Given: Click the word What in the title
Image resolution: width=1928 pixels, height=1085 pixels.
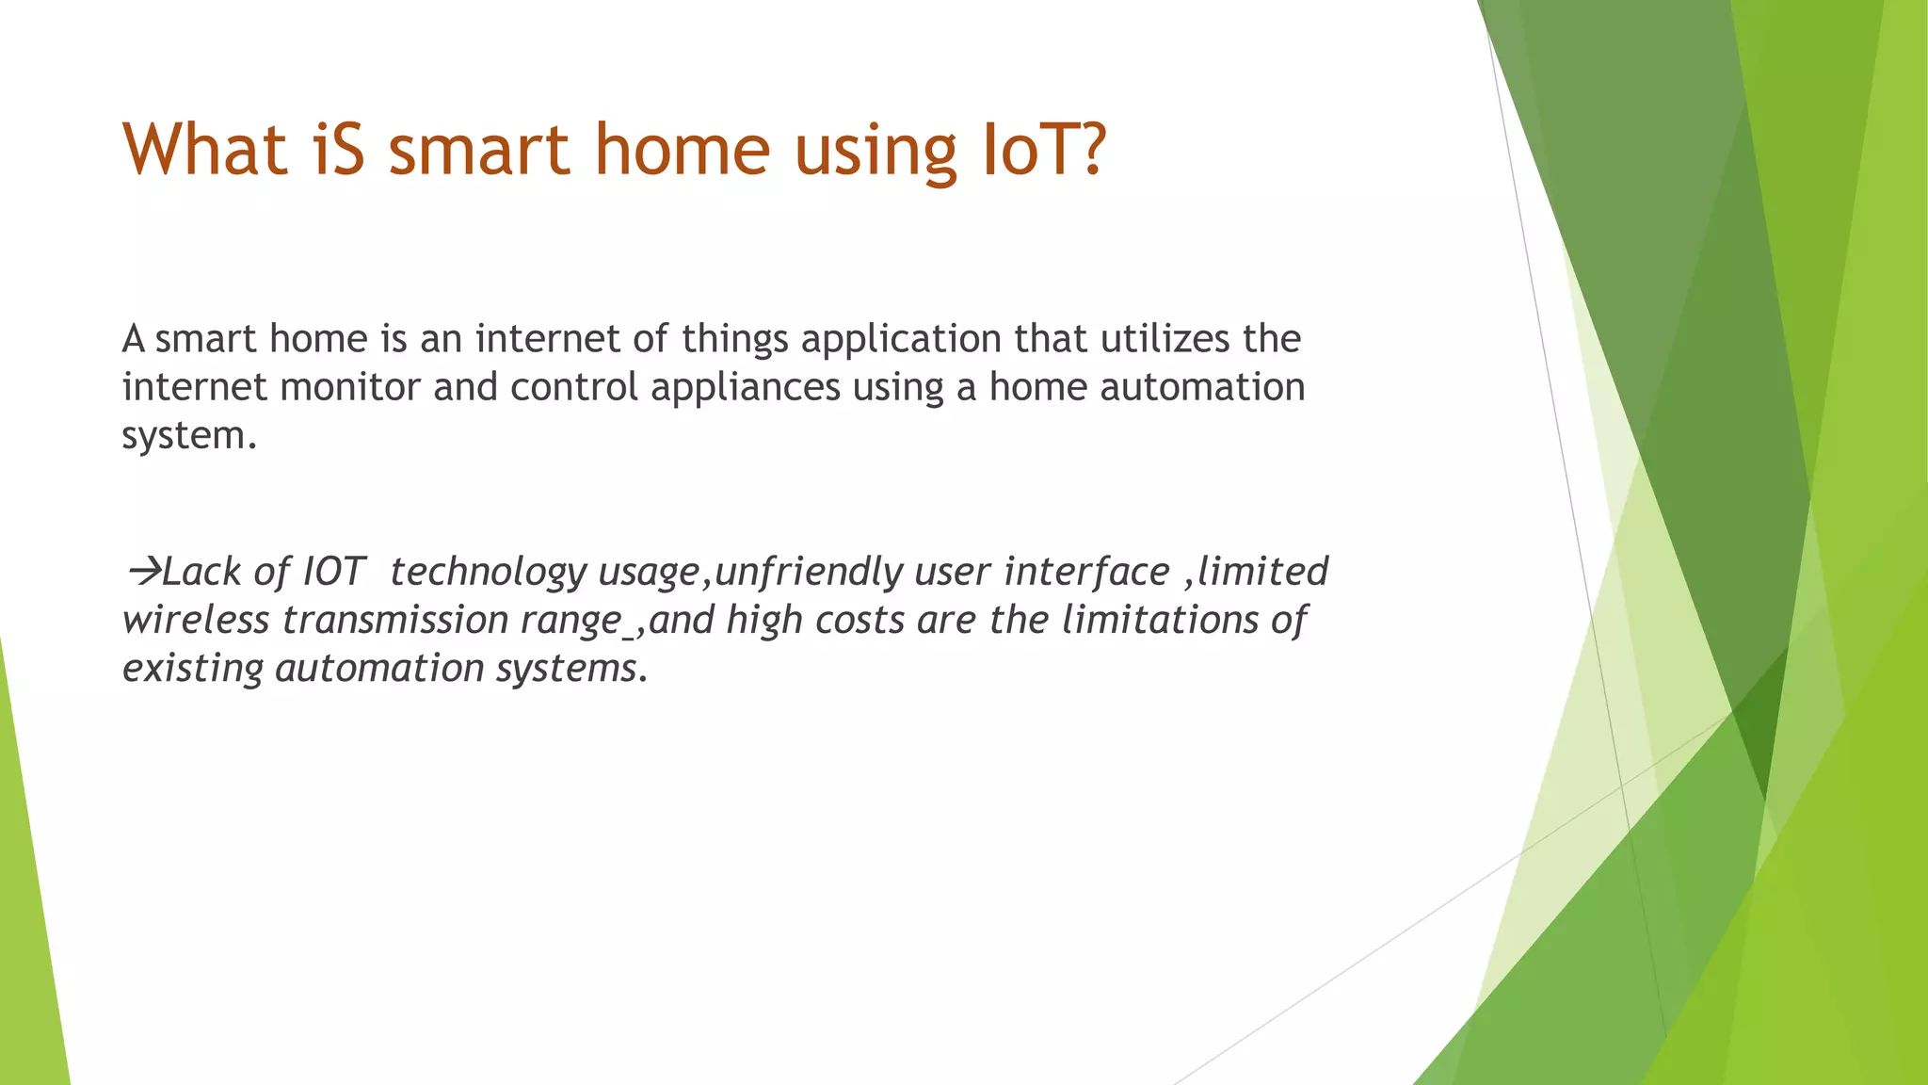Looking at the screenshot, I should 205,150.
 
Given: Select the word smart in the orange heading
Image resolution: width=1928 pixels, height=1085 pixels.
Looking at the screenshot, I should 479,150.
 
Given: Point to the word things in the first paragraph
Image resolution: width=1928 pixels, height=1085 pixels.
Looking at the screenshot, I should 734,339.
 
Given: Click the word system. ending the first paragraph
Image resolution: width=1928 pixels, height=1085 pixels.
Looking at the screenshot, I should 188,436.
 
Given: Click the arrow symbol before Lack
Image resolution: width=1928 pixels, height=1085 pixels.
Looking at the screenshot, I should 142,571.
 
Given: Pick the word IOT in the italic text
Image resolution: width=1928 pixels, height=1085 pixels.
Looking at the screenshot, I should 332,572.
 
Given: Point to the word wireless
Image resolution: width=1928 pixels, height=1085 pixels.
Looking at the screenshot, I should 196,620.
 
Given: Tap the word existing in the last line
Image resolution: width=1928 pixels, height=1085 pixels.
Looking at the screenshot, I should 193,669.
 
